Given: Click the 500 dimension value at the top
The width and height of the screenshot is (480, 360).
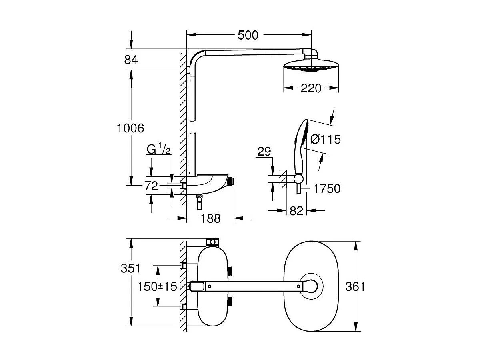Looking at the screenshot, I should tap(248, 35).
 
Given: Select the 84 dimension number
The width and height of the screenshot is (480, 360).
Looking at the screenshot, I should tap(131, 60).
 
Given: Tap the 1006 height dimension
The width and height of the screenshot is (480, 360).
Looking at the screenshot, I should tap(130, 128).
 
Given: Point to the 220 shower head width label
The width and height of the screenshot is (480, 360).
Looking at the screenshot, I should tap(310, 88).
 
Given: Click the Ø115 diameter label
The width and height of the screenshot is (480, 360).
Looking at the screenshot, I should tap(325, 139).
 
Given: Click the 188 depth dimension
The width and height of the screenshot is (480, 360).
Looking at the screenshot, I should tap(210, 218).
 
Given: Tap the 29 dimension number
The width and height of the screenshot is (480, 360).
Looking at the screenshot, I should tap(264, 152).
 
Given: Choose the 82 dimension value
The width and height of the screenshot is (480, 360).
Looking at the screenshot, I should tap(296, 211).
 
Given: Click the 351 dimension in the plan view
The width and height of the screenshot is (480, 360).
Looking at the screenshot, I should tap(131, 268).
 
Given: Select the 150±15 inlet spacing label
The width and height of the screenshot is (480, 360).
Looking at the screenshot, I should tap(157, 286).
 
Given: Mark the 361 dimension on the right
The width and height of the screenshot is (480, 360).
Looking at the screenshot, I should tap(355, 286).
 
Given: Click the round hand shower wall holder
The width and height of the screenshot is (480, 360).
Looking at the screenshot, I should tap(298, 179).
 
